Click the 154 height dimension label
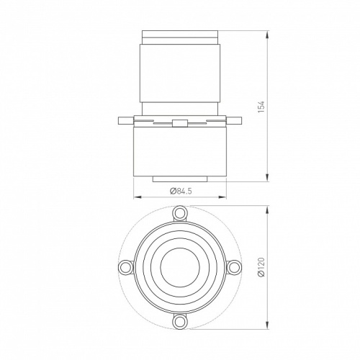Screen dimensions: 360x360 point(261,107)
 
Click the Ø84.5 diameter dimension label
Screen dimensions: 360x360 point(181,191)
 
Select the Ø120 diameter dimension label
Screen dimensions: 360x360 point(261,267)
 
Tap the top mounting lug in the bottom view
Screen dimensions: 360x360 point(180,213)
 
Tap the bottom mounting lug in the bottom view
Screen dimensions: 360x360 point(180,322)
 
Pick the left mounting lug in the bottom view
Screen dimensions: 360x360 point(126,267)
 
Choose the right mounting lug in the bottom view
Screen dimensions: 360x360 point(233,267)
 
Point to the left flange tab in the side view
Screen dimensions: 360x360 point(126,120)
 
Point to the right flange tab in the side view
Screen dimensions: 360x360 point(234,120)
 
